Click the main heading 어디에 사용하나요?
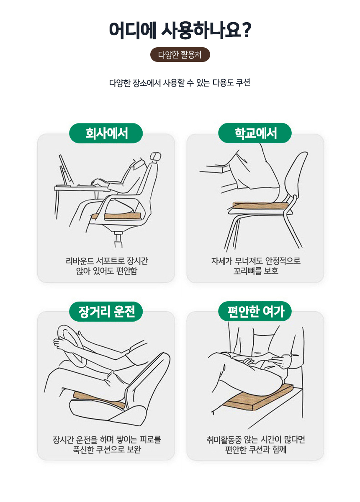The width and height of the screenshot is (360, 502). tap(180, 30)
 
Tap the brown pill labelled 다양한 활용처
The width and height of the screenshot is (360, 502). tap(180, 54)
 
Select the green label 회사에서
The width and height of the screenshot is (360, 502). tap(106, 133)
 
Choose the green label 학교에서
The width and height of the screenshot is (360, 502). tap(255, 133)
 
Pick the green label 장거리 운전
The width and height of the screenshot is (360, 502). tap(106, 311)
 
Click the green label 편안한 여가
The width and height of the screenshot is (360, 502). tap(255, 311)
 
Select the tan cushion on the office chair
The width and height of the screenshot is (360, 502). tap(116, 216)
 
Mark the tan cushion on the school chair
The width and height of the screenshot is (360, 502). tap(260, 205)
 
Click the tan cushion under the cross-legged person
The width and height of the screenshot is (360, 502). tap(258, 397)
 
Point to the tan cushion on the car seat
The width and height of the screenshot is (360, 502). tap(99, 400)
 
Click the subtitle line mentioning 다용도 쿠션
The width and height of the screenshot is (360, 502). tap(180, 83)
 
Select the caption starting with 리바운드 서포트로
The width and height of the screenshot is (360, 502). tap(107, 266)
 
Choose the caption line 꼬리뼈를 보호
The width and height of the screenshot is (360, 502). tap(256, 271)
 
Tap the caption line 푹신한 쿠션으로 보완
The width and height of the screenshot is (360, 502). tap(107, 449)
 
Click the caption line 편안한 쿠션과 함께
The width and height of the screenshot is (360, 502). tap(256, 449)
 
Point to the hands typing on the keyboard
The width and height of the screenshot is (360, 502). tap(99, 182)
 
